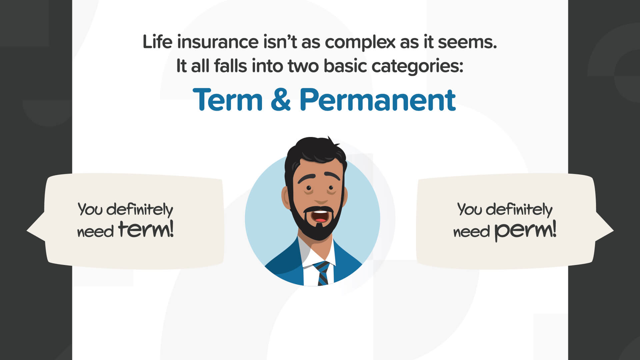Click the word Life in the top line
tap(158, 42)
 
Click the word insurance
tap(218, 42)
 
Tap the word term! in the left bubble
tap(146, 229)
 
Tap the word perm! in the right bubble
tap(525, 231)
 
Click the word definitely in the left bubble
tap(140, 210)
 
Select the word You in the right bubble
tap(469, 209)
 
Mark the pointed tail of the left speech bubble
tap(27, 230)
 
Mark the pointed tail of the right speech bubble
tap(613, 230)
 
